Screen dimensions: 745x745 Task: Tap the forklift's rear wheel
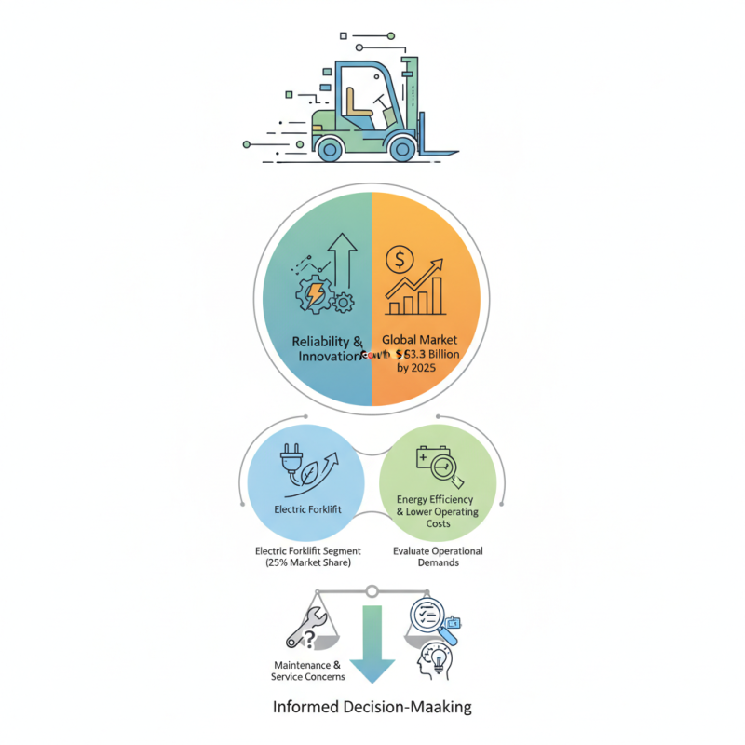click(x=329, y=147)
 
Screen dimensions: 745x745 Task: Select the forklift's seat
click(x=358, y=102)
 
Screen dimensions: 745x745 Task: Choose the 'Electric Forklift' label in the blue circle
click(x=303, y=509)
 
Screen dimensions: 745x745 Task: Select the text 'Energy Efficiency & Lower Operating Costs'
click(x=438, y=511)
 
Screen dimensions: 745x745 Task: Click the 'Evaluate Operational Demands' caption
click(x=439, y=557)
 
